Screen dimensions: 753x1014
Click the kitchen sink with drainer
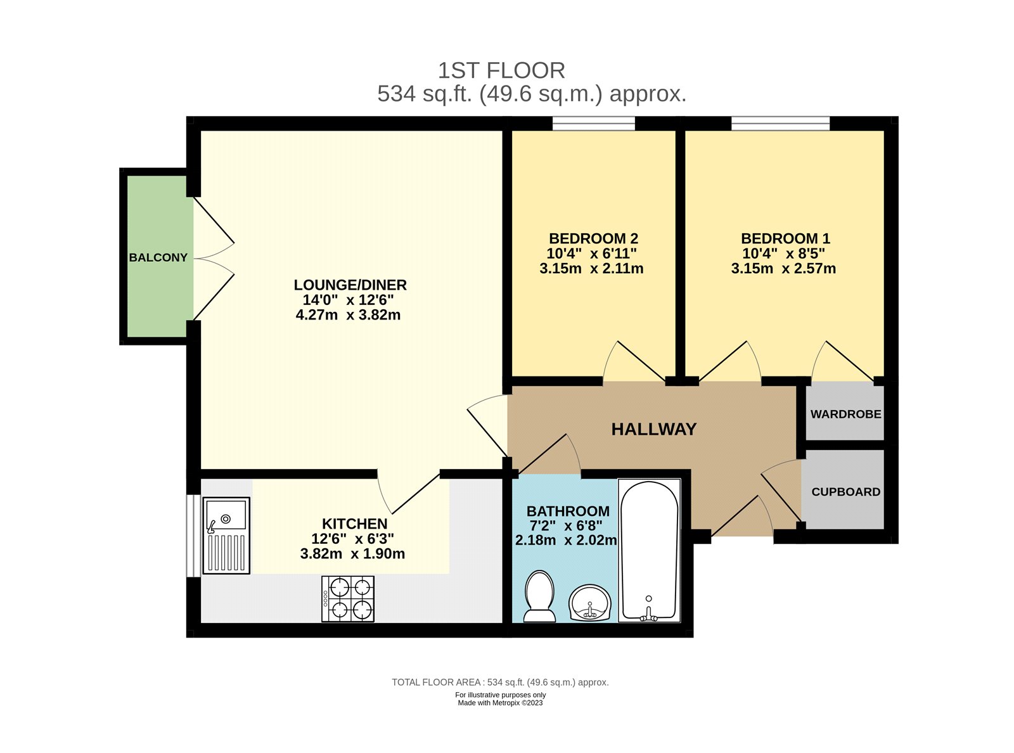point(226,536)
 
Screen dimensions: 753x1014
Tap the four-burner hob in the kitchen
point(348,598)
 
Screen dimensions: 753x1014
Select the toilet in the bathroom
point(540,596)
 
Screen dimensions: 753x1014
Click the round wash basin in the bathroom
point(590,603)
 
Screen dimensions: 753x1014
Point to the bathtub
point(649,550)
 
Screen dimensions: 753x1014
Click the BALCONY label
point(158,257)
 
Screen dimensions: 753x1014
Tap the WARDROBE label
point(845,414)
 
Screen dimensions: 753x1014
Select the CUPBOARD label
point(845,492)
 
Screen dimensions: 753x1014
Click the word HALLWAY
point(653,429)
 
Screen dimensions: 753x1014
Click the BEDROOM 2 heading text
point(593,238)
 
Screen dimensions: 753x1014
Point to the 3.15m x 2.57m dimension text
point(783,269)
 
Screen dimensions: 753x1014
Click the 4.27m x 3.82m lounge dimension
point(348,315)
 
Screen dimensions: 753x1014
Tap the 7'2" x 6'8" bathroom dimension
point(566,525)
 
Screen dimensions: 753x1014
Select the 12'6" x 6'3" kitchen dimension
point(352,539)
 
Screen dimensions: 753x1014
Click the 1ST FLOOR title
point(501,70)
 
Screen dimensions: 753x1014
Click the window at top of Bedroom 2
point(593,123)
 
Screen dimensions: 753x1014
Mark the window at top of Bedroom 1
point(780,123)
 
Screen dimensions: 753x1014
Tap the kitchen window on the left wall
point(191,536)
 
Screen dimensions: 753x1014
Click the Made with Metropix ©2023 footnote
point(500,703)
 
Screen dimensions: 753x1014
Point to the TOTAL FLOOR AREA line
point(500,683)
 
